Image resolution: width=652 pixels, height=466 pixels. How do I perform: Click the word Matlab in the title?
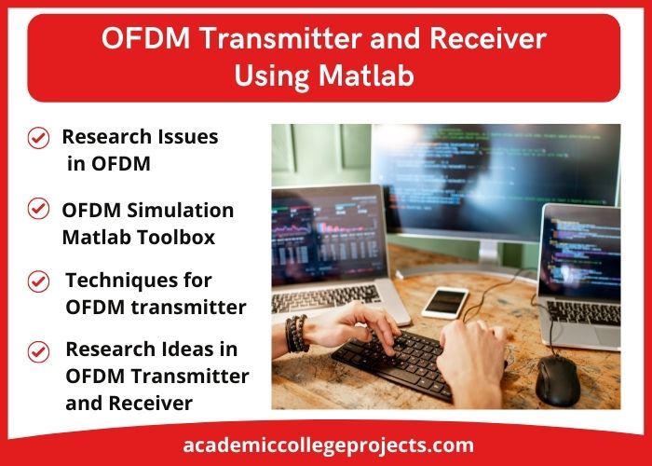[x=367, y=76]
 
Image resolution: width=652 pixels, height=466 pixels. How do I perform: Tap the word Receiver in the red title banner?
[x=488, y=38]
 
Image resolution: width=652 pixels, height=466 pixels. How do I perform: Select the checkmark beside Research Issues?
[x=38, y=138]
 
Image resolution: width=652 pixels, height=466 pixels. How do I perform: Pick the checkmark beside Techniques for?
[x=38, y=281]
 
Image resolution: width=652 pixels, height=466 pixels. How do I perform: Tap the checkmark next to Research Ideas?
[x=38, y=351]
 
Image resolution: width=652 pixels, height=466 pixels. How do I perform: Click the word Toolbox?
[x=176, y=237]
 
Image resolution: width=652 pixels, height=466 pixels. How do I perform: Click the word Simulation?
[x=180, y=211]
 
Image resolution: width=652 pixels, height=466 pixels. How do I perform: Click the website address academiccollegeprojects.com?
[x=328, y=445]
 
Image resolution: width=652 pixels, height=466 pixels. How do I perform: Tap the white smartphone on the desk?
[x=445, y=303]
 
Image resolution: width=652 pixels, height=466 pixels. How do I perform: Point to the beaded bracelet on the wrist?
[x=296, y=334]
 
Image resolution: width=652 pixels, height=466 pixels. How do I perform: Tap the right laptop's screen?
[x=580, y=253]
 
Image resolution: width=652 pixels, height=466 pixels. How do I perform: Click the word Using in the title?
[x=271, y=76]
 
